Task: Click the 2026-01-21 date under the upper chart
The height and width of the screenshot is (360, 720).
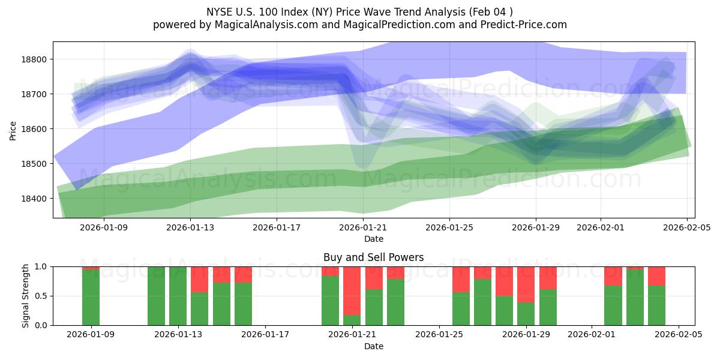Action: [363, 227]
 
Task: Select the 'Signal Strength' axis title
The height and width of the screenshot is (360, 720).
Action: [25, 296]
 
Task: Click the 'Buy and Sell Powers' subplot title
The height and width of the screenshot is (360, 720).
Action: [373, 257]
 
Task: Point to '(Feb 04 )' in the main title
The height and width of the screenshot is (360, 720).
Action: [492, 12]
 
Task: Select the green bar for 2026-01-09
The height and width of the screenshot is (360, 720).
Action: [91, 298]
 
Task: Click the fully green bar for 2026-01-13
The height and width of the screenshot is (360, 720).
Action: [178, 296]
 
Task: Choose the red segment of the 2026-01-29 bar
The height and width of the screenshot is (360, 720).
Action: [526, 284]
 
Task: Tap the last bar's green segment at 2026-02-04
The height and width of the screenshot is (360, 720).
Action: [656, 305]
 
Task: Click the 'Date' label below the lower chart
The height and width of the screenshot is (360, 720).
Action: [373, 346]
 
